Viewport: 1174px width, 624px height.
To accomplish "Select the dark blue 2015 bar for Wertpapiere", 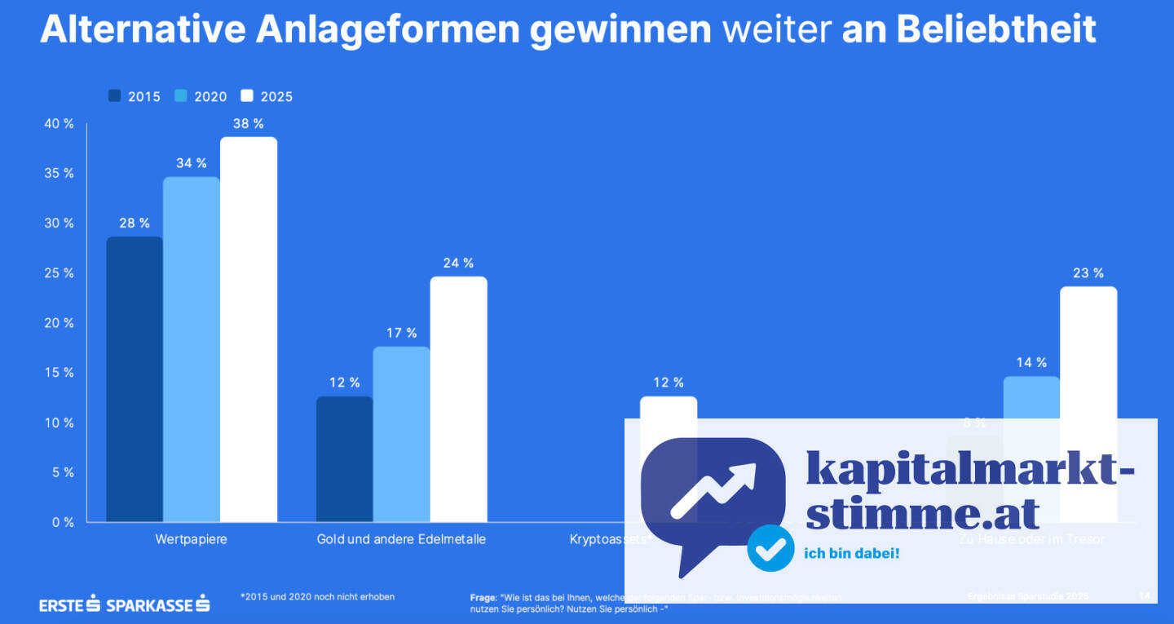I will (x=135, y=379).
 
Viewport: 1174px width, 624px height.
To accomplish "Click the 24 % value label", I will (x=458, y=263).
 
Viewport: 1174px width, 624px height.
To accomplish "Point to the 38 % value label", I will (x=249, y=124).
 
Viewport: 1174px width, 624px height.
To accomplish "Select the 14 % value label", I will (x=1031, y=362).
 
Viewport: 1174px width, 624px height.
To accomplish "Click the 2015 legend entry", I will (x=135, y=96).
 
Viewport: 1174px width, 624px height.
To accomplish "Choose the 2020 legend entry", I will (x=201, y=96).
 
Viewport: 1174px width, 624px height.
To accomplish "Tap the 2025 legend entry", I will (x=267, y=96).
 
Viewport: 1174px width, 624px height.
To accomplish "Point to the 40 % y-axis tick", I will (x=58, y=124).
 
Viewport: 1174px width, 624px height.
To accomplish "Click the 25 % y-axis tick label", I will (x=58, y=273).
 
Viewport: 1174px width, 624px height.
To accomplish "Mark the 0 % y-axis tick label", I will (x=61, y=522).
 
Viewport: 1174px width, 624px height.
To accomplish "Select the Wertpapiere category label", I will (x=191, y=539).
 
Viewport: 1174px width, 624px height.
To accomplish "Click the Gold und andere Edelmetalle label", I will (x=401, y=539).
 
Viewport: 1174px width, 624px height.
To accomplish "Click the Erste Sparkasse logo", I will (x=125, y=604).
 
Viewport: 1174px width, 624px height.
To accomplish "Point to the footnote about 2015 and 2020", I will (x=317, y=597).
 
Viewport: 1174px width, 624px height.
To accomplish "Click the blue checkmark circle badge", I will (x=770, y=548).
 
